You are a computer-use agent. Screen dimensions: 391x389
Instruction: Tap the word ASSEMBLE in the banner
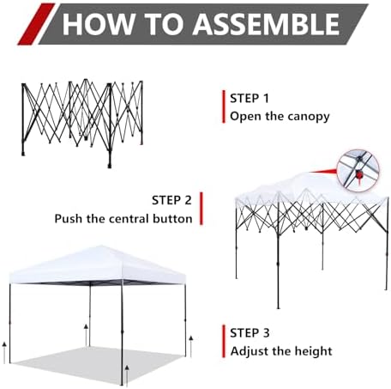click(x=266, y=24)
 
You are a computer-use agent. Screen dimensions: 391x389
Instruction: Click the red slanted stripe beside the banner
click(x=36, y=24)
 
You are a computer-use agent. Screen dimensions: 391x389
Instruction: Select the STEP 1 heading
click(x=250, y=99)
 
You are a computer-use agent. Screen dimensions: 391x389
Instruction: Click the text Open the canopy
click(x=280, y=117)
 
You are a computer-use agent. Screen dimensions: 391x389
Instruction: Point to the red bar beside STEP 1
click(x=224, y=106)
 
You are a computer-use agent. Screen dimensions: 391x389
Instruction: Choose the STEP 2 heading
click(x=171, y=200)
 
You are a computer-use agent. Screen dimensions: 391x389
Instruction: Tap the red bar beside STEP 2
click(x=202, y=209)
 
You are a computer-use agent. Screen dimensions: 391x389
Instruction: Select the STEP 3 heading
click(x=250, y=333)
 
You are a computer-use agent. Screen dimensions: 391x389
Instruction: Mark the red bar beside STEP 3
click(x=224, y=341)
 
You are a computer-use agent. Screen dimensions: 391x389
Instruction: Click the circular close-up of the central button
click(x=358, y=170)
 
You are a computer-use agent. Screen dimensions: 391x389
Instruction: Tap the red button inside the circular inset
click(x=358, y=174)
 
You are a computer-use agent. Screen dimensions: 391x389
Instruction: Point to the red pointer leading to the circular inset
click(x=323, y=172)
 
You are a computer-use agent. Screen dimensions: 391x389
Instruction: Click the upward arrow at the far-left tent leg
click(x=4, y=352)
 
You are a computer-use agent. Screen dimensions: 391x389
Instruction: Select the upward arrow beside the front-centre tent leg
click(x=127, y=375)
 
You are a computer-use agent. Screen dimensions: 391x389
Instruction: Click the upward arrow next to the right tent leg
click(x=191, y=346)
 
